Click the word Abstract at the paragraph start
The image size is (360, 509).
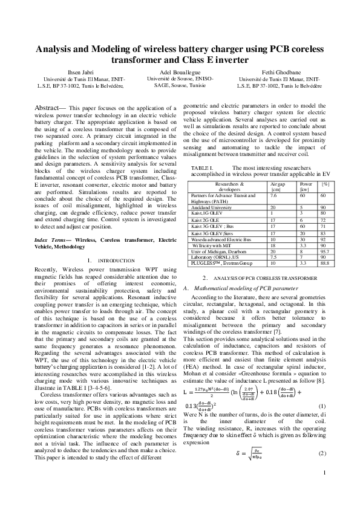click(x=48, y=107)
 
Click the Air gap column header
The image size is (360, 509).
click(x=278, y=182)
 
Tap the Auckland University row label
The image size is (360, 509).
click(x=211, y=207)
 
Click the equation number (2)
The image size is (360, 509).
click(x=322, y=453)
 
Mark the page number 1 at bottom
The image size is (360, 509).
click(x=326, y=490)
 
